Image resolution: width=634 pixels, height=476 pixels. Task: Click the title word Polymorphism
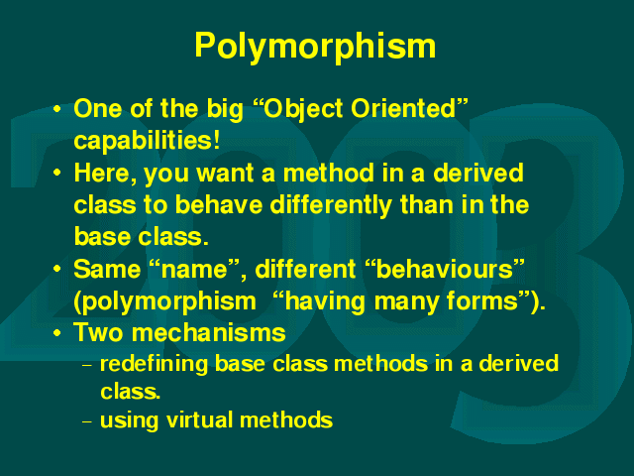[315, 47]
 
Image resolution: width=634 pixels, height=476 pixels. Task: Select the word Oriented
[403, 108]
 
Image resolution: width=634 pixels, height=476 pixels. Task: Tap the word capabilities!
[148, 141]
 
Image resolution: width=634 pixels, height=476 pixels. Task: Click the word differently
[330, 205]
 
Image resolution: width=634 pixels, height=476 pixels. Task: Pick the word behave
[219, 205]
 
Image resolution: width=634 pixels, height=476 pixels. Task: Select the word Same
[107, 269]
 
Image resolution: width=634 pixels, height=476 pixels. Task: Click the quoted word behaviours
[445, 269]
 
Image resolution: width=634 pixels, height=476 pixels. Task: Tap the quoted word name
[194, 270]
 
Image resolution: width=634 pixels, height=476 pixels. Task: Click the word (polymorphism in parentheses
[165, 301]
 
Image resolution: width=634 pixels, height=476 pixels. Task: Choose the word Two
[98, 333]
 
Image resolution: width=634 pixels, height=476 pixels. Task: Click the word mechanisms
[209, 333]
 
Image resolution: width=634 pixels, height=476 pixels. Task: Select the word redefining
[155, 364]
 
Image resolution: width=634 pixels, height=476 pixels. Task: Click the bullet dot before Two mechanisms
[57, 333]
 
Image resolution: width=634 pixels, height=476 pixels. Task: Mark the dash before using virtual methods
[87, 421]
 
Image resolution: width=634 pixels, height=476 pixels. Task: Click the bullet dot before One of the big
[57, 109]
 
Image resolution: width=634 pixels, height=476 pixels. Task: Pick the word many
[406, 302]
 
